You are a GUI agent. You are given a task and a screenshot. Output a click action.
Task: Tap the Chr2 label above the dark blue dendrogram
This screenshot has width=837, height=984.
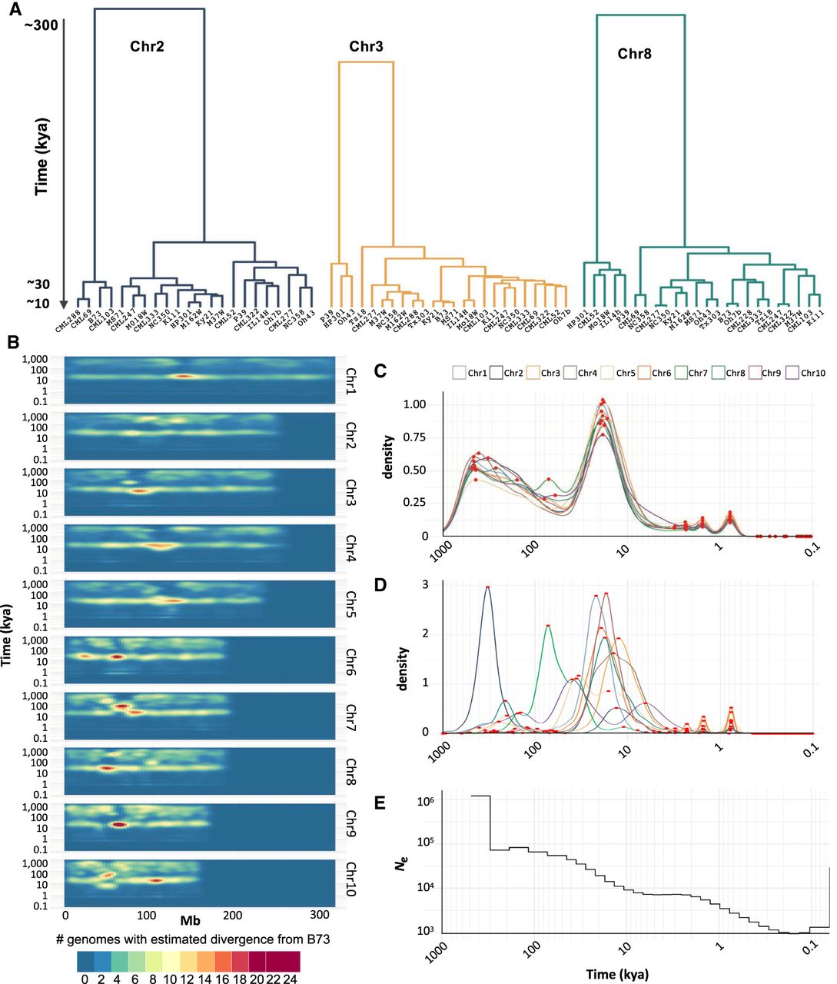pos(147,46)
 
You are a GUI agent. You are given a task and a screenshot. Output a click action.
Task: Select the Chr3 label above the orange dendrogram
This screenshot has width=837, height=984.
pos(366,47)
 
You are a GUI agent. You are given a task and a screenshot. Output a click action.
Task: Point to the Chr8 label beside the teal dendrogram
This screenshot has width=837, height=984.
pos(634,54)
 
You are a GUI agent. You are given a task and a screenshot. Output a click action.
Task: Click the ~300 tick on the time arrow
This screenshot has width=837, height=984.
pos(41,25)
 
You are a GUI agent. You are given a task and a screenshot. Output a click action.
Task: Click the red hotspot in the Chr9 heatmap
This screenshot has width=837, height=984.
pos(118,824)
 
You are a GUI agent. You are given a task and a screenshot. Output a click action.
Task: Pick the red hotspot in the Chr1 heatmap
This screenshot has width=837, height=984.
pos(181,376)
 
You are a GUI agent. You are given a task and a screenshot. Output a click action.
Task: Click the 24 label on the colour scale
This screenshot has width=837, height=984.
pos(291,979)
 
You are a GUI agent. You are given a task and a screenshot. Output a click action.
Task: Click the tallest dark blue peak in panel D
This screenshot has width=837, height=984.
pos(487,589)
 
